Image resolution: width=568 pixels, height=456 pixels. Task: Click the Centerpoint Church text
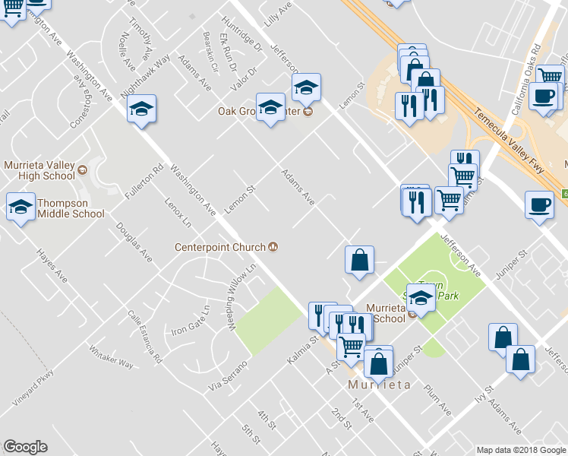point(219,247)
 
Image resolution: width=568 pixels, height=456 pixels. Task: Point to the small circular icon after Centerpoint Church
point(272,247)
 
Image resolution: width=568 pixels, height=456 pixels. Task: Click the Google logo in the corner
point(25,447)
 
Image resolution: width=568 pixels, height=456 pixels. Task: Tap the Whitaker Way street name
point(112,356)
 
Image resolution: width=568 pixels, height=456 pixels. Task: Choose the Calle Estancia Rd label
point(145,335)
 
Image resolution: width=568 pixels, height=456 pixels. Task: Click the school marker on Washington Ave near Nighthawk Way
point(141,109)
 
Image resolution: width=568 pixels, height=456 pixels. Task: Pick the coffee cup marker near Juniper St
point(539,205)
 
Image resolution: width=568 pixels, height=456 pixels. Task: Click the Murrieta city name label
point(379,385)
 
